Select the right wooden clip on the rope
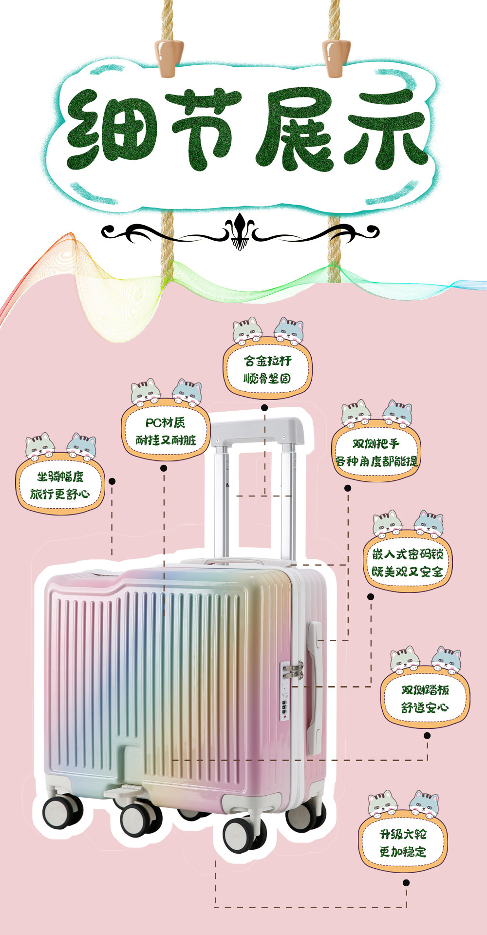coord(336,57)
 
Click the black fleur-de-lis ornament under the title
coord(239,231)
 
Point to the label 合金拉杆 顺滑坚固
coord(267,369)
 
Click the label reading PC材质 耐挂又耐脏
coord(166,431)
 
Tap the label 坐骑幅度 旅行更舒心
coord(60,485)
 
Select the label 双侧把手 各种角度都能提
coord(376,452)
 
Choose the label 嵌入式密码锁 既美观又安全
coord(408,563)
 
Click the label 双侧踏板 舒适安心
coord(425,698)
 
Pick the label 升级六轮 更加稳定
coord(403,843)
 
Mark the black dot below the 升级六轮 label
coord(406,882)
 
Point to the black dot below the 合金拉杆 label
coord(264,407)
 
